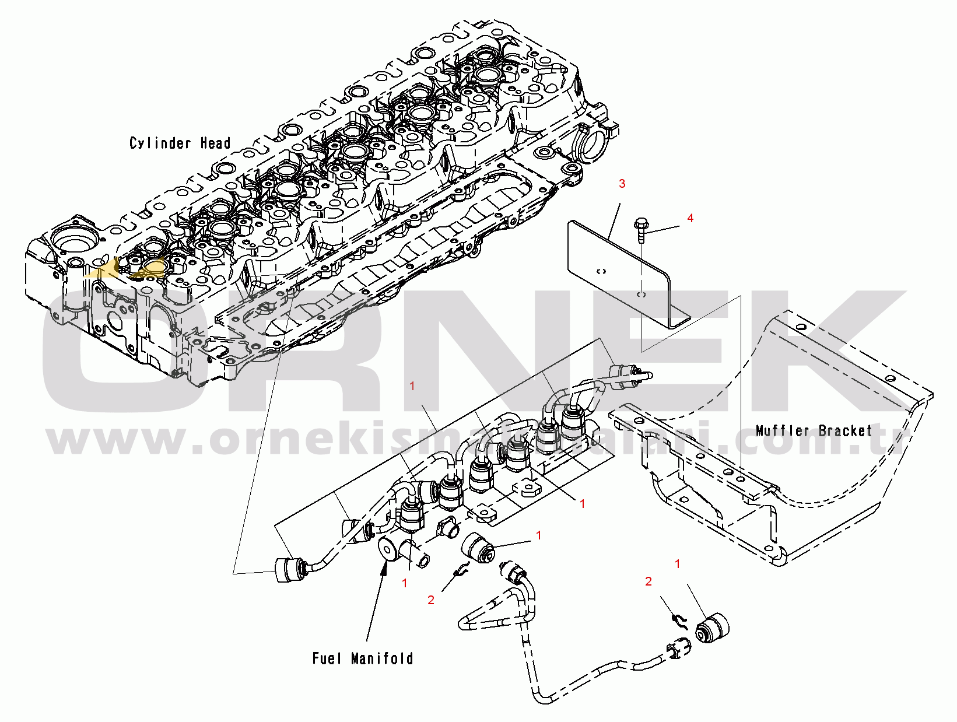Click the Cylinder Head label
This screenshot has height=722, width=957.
[x=180, y=143]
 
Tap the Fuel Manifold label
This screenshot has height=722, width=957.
[x=363, y=658]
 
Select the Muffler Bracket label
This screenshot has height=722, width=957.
[x=814, y=431]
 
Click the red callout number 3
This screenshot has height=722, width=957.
[x=622, y=184]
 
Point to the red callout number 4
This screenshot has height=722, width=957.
[x=690, y=218]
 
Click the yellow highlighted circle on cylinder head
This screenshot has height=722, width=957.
[x=155, y=267]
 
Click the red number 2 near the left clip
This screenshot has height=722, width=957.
[x=431, y=600]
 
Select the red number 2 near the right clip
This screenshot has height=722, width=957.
[x=648, y=581]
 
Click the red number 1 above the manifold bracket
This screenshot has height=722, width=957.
[x=412, y=386]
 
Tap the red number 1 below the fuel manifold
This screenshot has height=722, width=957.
[x=405, y=583]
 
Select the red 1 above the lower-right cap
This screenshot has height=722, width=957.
[x=678, y=564]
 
